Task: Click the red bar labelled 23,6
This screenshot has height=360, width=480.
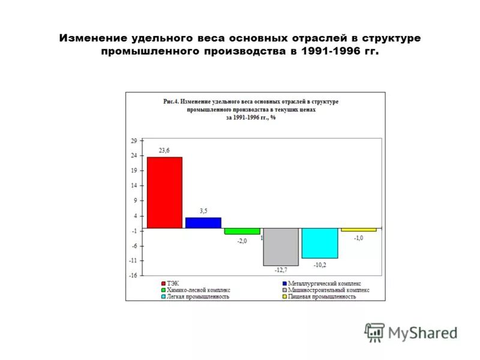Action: pos(164,193)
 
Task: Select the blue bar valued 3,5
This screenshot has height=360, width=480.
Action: pos(203,223)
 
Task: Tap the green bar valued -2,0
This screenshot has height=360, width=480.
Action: pos(242,231)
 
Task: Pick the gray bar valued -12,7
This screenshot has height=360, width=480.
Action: pos(281,247)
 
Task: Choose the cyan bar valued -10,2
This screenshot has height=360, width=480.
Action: pos(320,243)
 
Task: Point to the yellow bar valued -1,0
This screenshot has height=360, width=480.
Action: pos(359,230)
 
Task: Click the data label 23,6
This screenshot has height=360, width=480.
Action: pos(164,151)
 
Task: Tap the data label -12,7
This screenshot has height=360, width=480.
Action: pos(281,271)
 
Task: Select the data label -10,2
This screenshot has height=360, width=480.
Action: pos(320,264)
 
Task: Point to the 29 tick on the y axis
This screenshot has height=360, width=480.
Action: pos(134,141)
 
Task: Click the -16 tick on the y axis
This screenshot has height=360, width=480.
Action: pos(133,275)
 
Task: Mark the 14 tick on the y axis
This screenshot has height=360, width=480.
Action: pos(134,186)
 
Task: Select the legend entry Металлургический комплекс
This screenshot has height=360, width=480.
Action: pos(324,283)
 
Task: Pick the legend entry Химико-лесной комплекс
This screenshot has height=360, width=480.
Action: pos(198,290)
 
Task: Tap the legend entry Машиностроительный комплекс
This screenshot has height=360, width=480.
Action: pos(328,290)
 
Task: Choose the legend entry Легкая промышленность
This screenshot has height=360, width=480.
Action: pos(198,296)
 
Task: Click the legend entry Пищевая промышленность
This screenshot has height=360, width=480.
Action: pos(322,296)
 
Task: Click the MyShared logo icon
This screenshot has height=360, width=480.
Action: pos(374,332)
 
